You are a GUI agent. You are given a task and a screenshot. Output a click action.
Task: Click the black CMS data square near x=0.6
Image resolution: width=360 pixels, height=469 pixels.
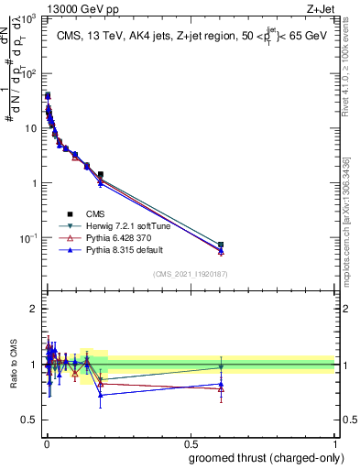point(221,245)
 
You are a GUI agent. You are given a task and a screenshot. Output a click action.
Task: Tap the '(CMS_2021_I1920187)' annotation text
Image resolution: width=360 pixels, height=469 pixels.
point(190,274)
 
